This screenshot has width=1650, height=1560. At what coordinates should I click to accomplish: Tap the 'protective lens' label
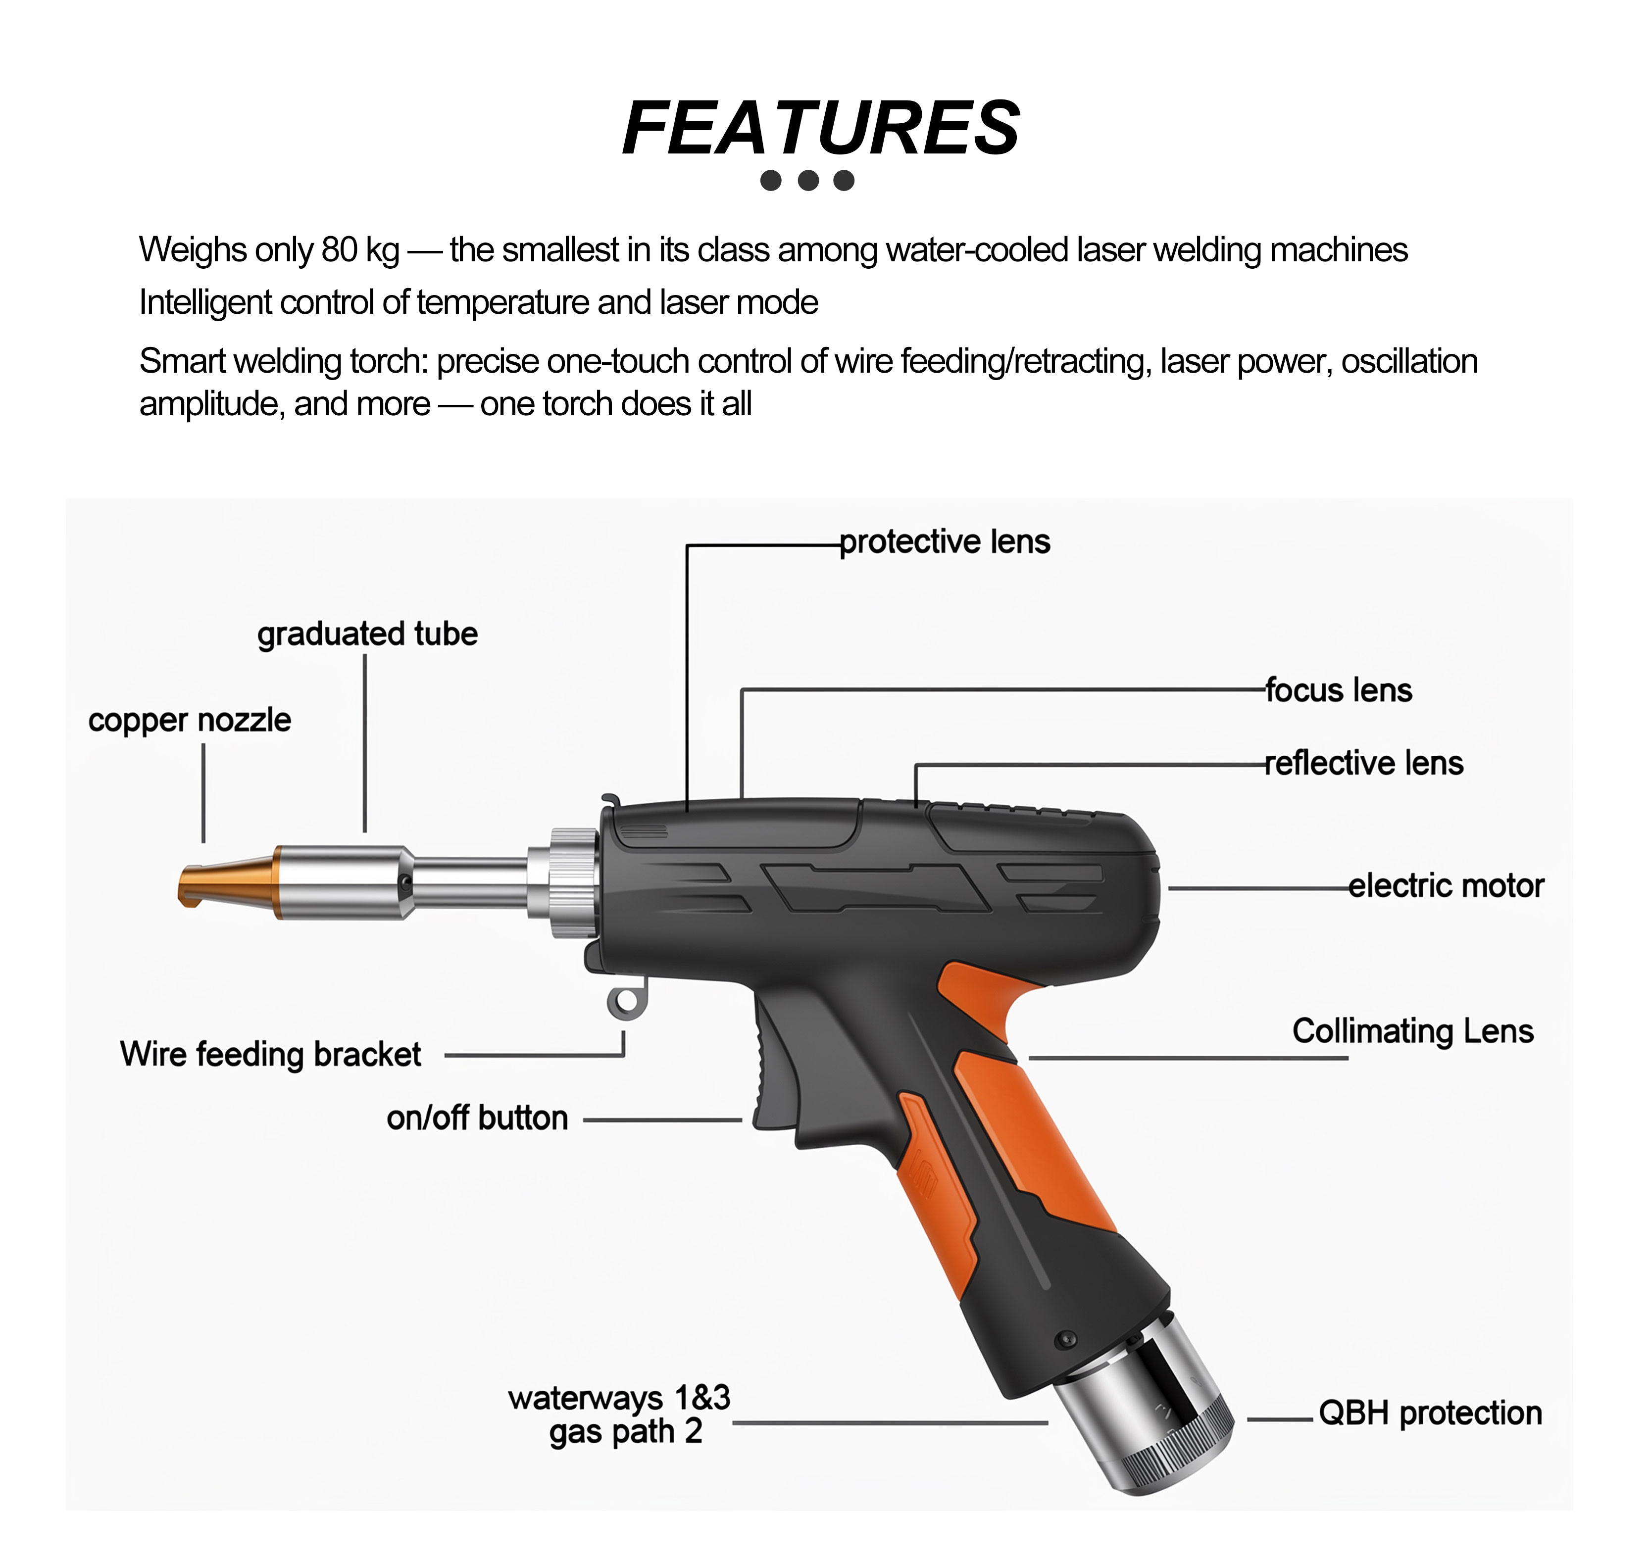click(945, 542)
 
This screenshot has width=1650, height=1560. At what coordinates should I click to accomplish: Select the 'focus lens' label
click(1339, 690)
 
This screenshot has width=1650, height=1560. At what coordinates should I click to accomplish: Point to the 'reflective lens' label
click(1364, 763)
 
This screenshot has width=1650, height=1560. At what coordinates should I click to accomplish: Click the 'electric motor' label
click(1446, 885)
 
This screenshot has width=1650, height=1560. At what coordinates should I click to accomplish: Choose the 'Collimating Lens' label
click(1413, 1031)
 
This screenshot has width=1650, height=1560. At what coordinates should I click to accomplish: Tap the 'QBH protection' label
click(1430, 1413)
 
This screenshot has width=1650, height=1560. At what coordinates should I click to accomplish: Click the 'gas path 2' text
click(625, 1432)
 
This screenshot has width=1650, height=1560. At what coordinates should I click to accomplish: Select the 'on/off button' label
click(477, 1119)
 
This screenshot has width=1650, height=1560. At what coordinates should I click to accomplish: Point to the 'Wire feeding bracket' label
click(270, 1054)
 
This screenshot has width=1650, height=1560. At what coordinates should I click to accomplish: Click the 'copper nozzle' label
click(190, 720)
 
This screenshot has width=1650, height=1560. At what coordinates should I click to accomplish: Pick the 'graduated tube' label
click(368, 634)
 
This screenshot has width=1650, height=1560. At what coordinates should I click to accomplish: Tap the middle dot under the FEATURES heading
click(807, 181)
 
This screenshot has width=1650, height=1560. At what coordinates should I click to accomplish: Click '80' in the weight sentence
click(339, 249)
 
